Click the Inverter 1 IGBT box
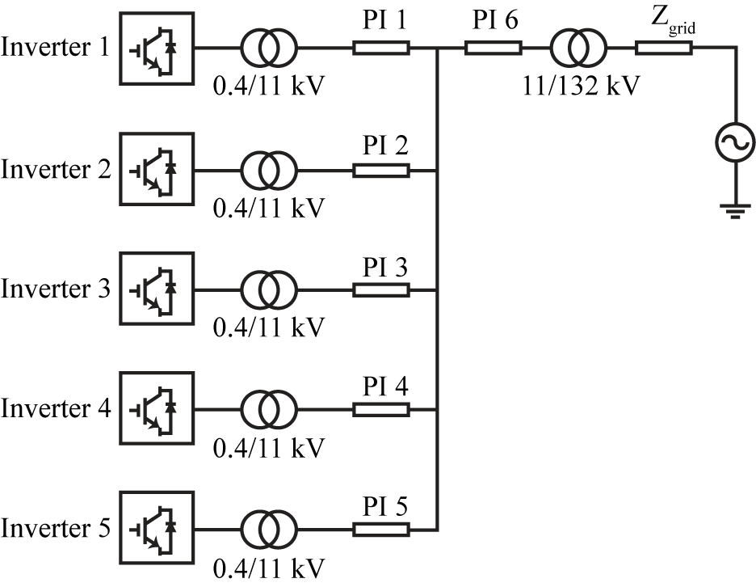[x=157, y=49]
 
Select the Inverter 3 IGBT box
[x=157, y=289]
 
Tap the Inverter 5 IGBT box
[x=157, y=529]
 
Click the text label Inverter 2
[x=55, y=171]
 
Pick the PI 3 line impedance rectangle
[x=381, y=290]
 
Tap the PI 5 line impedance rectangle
[x=381, y=530]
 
